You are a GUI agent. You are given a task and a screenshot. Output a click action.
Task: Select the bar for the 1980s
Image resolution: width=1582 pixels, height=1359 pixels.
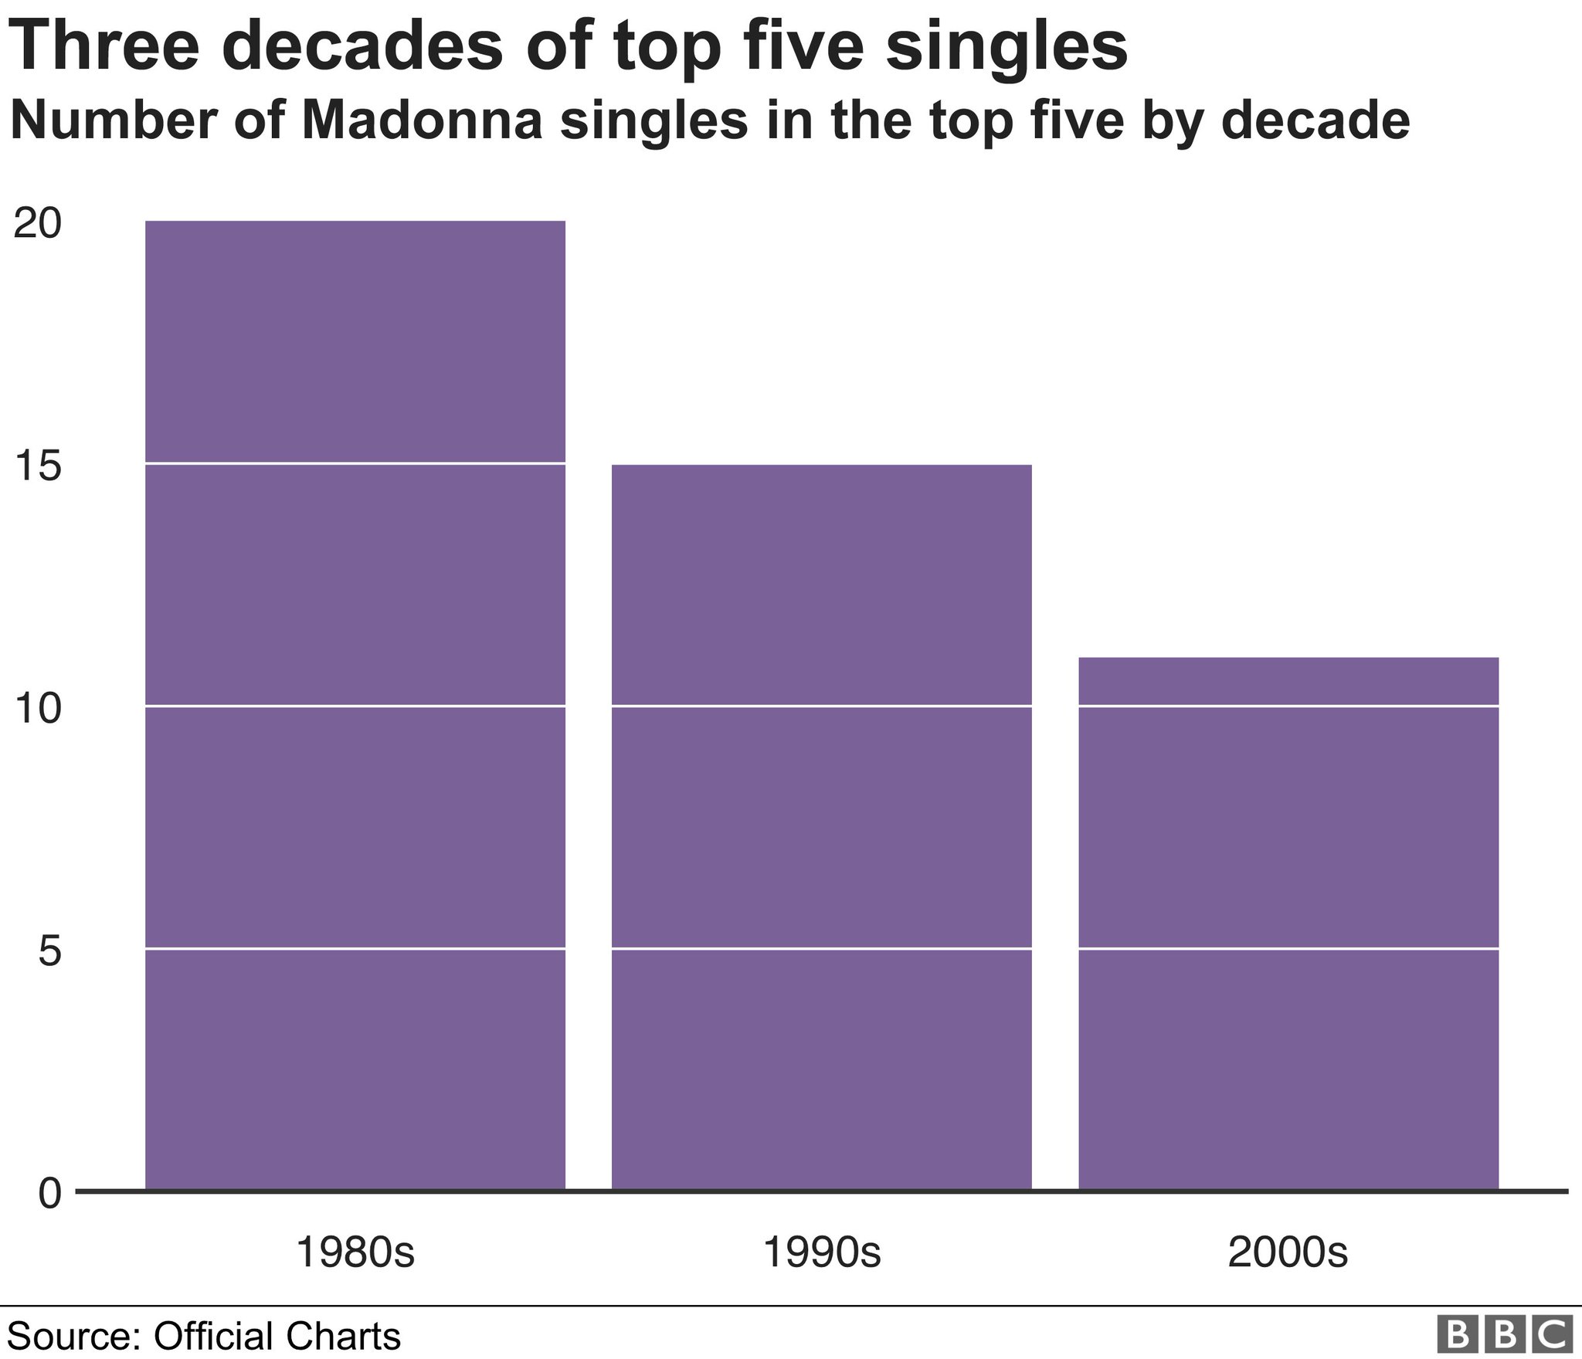pos(355,706)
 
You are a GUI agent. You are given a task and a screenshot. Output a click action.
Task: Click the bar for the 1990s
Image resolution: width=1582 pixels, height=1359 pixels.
pos(822,828)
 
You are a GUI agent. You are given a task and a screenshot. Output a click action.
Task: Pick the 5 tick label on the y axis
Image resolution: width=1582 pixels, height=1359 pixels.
pos(49,951)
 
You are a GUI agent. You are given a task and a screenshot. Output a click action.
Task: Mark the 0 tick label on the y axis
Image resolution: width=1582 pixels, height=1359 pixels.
pos(49,1194)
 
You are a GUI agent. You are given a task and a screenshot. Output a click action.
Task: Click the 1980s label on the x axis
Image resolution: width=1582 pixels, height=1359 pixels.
pos(355,1252)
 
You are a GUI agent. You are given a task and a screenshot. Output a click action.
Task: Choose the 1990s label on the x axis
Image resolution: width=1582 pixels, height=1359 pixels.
pos(822,1252)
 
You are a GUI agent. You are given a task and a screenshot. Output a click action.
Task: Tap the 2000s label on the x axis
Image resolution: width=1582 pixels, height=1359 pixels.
pos(1288,1252)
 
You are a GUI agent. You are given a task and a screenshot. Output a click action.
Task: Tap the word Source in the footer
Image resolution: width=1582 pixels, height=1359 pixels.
pos(72,1335)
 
